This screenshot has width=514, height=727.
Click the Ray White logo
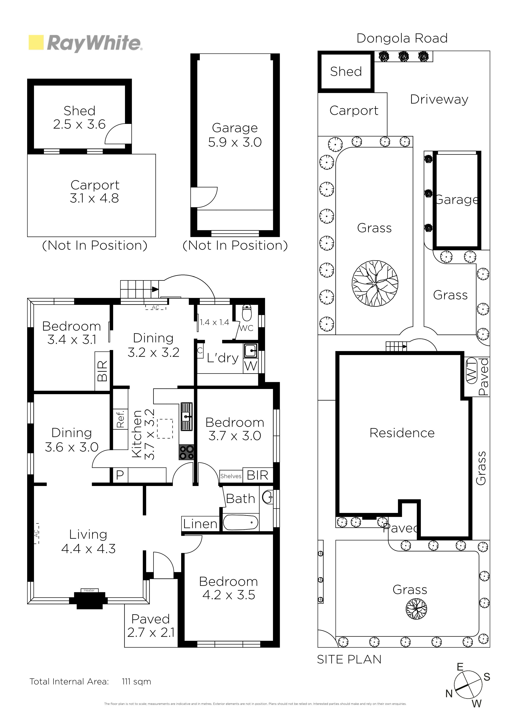coord(86,43)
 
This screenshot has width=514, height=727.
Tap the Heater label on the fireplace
coord(89,590)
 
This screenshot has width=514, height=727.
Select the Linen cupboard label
coord(200,524)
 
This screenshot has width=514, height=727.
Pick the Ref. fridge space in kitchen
coord(120,419)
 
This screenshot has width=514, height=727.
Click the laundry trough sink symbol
coord(251,351)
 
